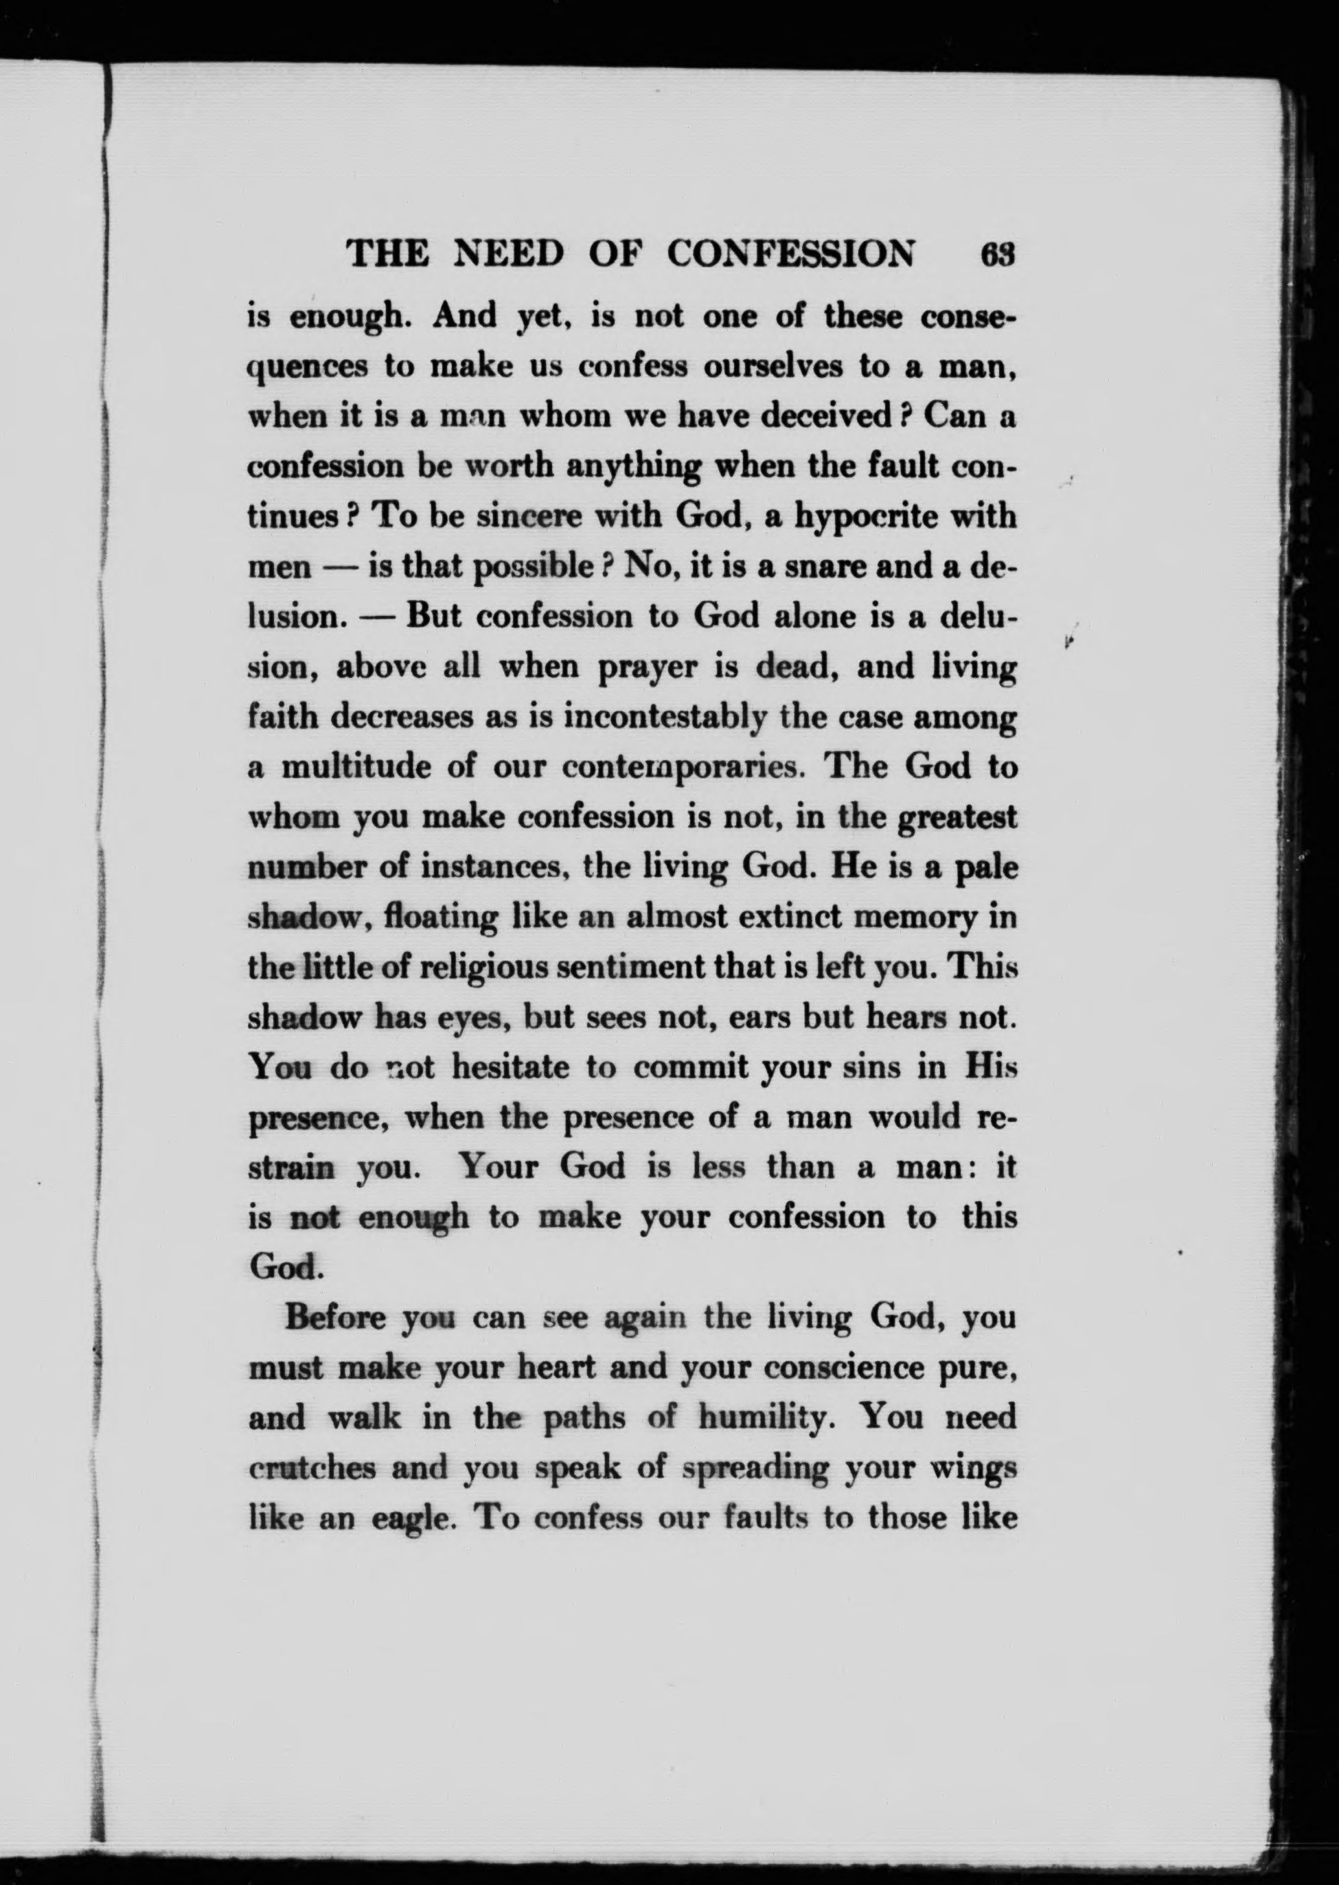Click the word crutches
pyautogui.click(x=312, y=1469)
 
